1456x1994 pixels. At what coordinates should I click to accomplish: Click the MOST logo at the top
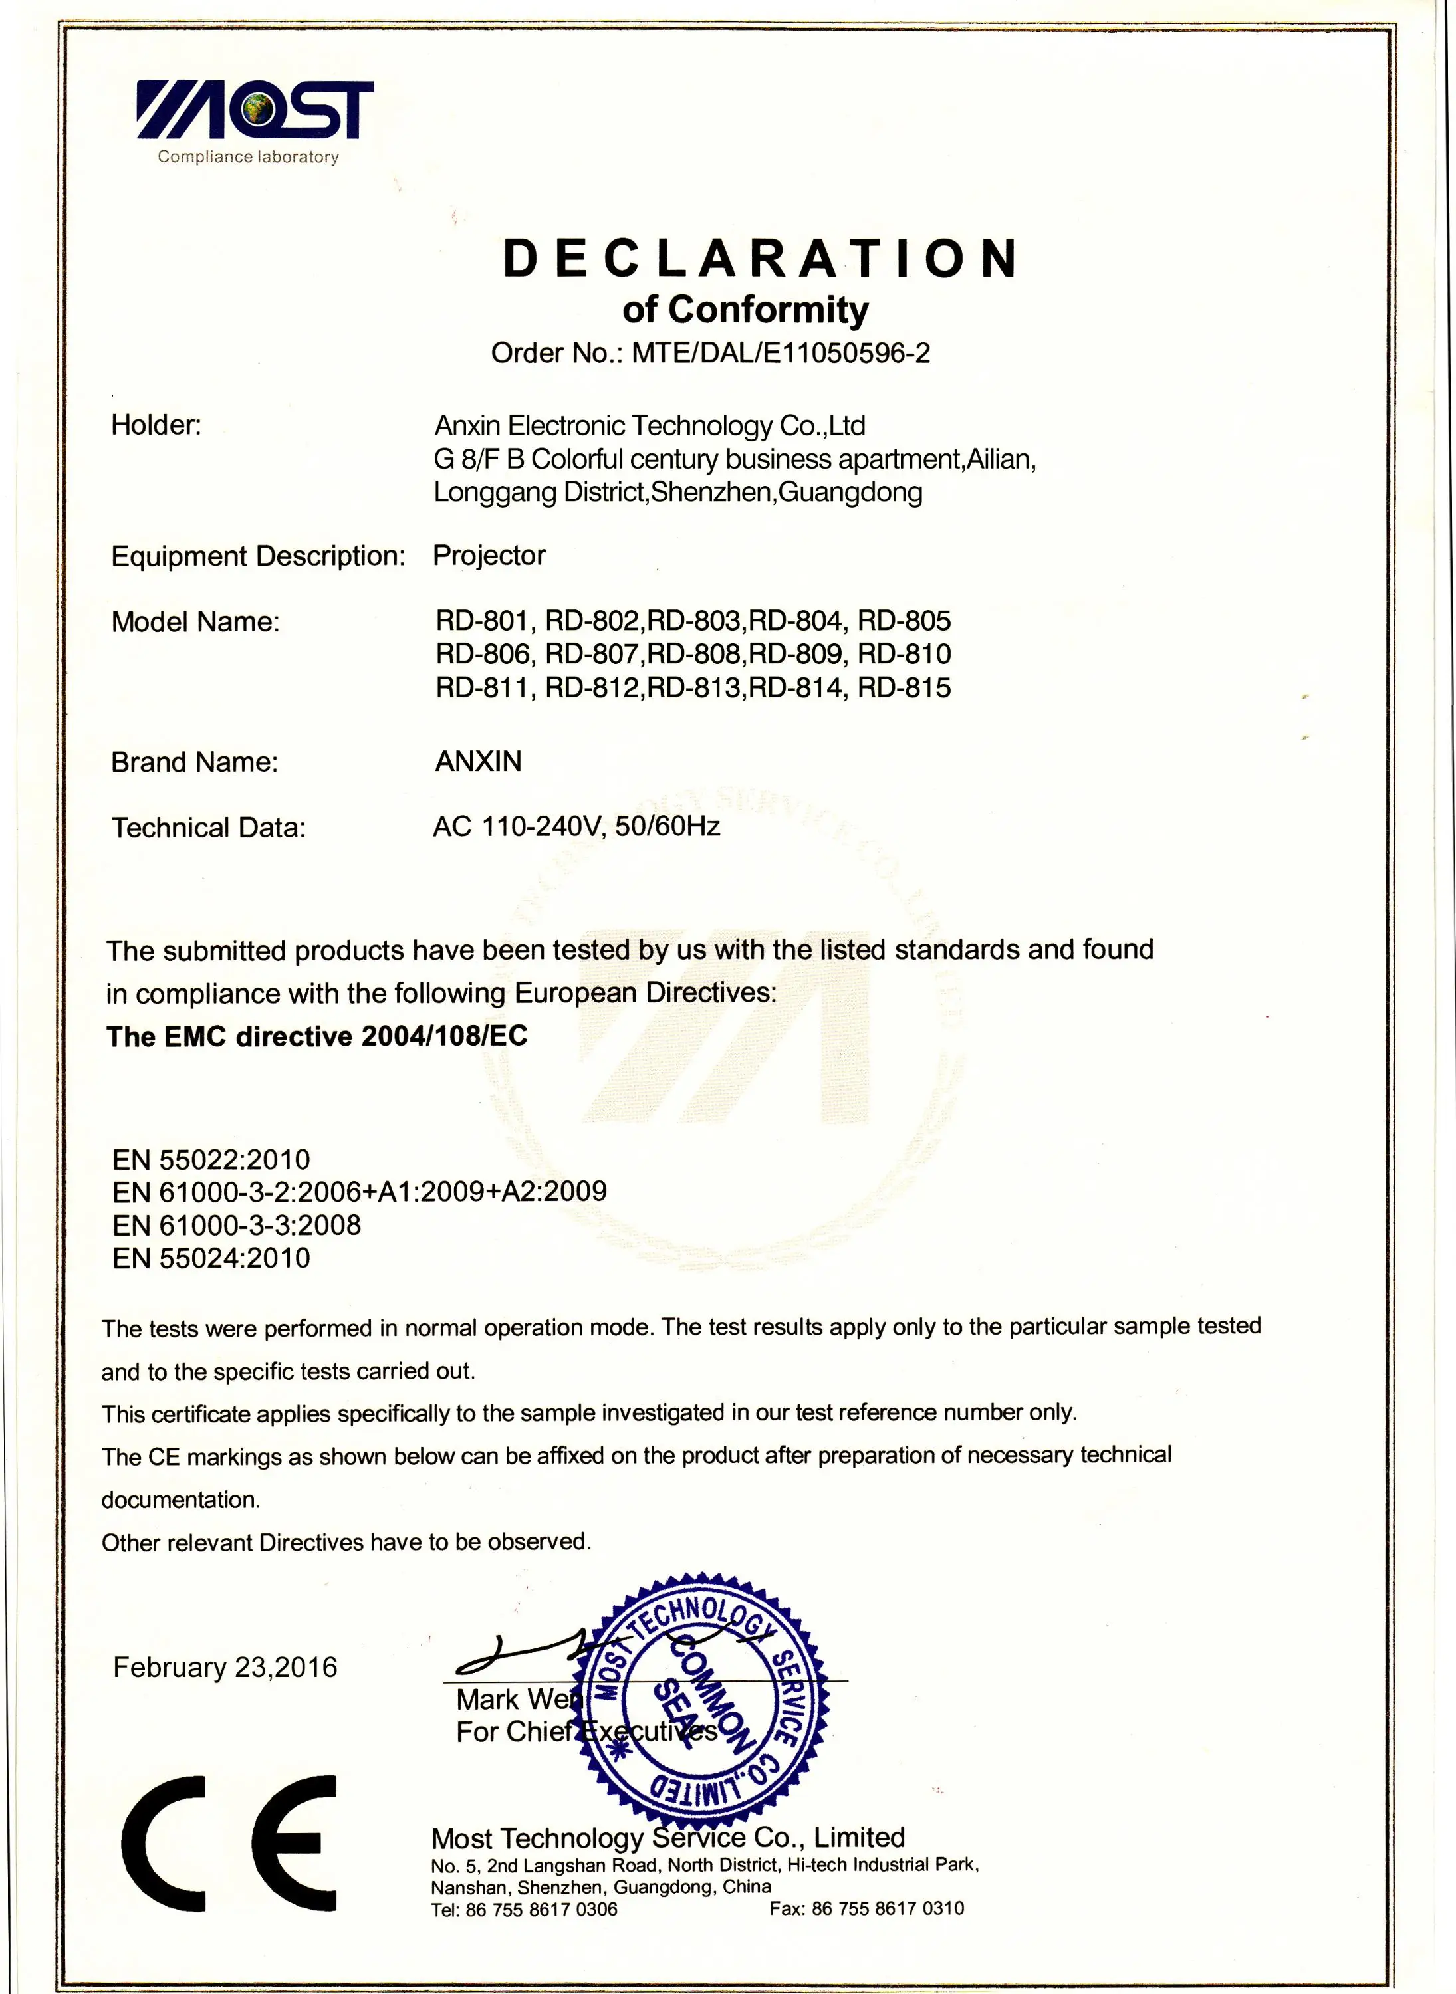click(x=255, y=111)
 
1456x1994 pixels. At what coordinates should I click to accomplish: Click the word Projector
click(x=489, y=555)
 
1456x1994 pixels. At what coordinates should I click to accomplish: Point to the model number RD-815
click(x=904, y=687)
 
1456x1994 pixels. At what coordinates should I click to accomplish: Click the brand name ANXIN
click(x=479, y=761)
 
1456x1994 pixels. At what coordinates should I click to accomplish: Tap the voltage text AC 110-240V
click(x=517, y=826)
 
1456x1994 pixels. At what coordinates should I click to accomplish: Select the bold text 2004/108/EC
click(x=444, y=1036)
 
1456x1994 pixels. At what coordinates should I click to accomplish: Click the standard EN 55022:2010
click(x=211, y=1160)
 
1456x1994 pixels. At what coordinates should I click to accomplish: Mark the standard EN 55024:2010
click(x=211, y=1258)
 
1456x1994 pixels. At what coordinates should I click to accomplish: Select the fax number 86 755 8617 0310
click(x=888, y=1908)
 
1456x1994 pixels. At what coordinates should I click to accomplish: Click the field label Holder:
click(x=156, y=425)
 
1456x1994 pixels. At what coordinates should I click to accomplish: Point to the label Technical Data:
click(x=208, y=828)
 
